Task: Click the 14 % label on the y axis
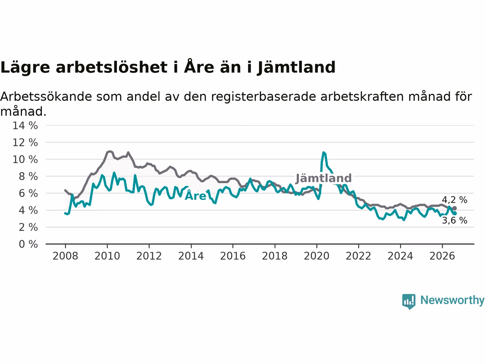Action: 25,126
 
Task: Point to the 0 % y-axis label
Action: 28,244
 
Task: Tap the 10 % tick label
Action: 25,159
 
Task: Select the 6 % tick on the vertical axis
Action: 28,193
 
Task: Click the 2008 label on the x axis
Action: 65,256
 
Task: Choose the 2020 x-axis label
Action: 317,256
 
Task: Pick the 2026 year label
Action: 442,256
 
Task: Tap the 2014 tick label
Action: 191,256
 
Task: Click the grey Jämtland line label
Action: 324,178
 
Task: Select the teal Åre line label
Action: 195,195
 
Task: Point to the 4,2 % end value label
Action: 454,200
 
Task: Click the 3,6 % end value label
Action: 454,220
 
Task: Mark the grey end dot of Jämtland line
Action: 454,208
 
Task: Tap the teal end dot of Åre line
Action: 454,213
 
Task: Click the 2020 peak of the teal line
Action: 323,152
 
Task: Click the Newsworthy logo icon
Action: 409,301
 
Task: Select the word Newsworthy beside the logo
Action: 452,300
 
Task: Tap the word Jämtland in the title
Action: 296,67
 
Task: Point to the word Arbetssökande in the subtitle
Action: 46,97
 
